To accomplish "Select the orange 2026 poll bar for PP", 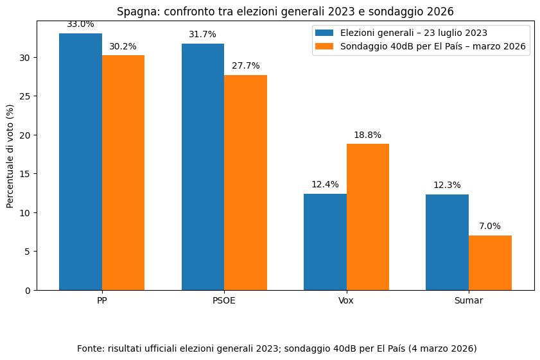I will click(x=123, y=173).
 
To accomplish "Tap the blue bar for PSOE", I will click(x=203, y=167).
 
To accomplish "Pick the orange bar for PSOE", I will click(x=245, y=182).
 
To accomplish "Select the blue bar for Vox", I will click(x=325, y=242).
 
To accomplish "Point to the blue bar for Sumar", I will click(x=447, y=242).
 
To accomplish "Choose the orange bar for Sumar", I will click(x=490, y=262).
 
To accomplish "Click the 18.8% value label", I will click(x=367, y=135).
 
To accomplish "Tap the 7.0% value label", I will click(x=490, y=227).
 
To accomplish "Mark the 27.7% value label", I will click(x=245, y=66).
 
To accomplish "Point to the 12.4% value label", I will click(x=325, y=185).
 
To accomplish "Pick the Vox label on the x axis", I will click(x=346, y=300).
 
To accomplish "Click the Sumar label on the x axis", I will click(x=468, y=300).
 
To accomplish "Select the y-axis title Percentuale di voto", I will click(x=10, y=156).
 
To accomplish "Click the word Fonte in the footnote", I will click(x=91, y=348).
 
